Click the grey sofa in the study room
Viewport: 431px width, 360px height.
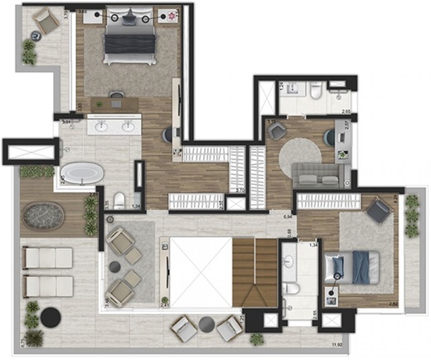click(318, 173)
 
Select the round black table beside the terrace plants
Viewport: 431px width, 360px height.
click(51, 316)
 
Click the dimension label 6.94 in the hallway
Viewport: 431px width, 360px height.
click(288, 216)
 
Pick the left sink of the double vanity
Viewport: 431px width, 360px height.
click(100, 127)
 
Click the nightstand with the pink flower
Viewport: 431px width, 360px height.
click(172, 17)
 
